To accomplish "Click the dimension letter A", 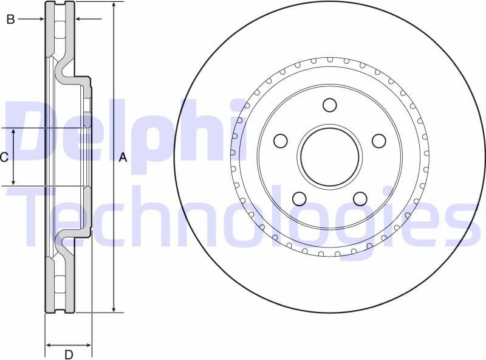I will [123, 157].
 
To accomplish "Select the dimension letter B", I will [10, 19].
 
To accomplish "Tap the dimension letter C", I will [4, 157].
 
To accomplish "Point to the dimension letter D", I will [69, 354].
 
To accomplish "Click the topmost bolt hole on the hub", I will [329, 105].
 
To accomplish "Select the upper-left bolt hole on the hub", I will [280, 141].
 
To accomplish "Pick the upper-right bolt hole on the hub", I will [378, 141].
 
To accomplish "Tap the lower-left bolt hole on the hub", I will [299, 199].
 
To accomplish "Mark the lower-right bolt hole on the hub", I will [360, 199].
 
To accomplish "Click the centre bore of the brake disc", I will [329, 157].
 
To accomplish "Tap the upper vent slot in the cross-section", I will [60, 30].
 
